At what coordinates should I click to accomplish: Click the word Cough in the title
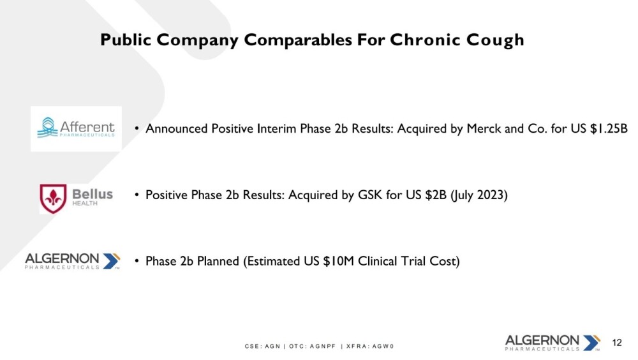[x=495, y=40]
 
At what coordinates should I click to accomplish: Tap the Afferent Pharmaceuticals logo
[x=76, y=128]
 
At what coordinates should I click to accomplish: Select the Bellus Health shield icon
[x=53, y=199]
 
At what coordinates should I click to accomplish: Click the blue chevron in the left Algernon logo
[x=110, y=261]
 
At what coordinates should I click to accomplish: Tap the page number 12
[x=617, y=343]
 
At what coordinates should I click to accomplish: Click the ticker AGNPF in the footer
[x=323, y=346]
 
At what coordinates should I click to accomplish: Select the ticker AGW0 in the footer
[x=383, y=346]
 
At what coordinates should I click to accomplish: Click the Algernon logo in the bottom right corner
[x=553, y=343]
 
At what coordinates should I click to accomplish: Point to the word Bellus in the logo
[x=93, y=194]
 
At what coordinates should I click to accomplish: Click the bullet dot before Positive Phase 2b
[x=137, y=195]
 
